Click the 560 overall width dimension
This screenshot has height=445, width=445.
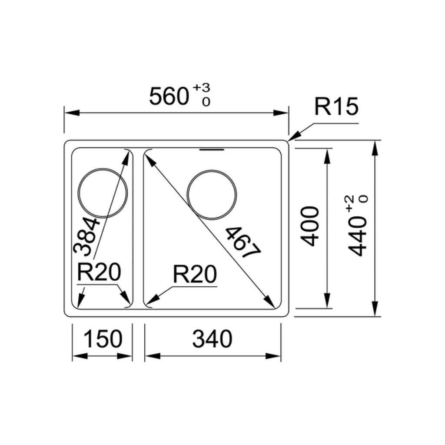coord(167,96)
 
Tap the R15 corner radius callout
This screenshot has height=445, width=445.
coord(336,107)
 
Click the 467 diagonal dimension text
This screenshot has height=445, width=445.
coord(243,242)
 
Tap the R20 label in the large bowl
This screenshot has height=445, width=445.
coord(194,275)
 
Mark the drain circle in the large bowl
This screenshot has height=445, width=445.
coord(212,195)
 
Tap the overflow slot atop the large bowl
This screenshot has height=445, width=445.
coord(212,150)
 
